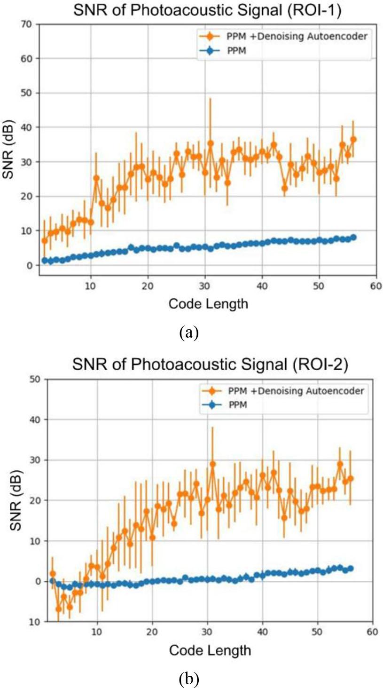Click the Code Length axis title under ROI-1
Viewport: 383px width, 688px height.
click(208, 304)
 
